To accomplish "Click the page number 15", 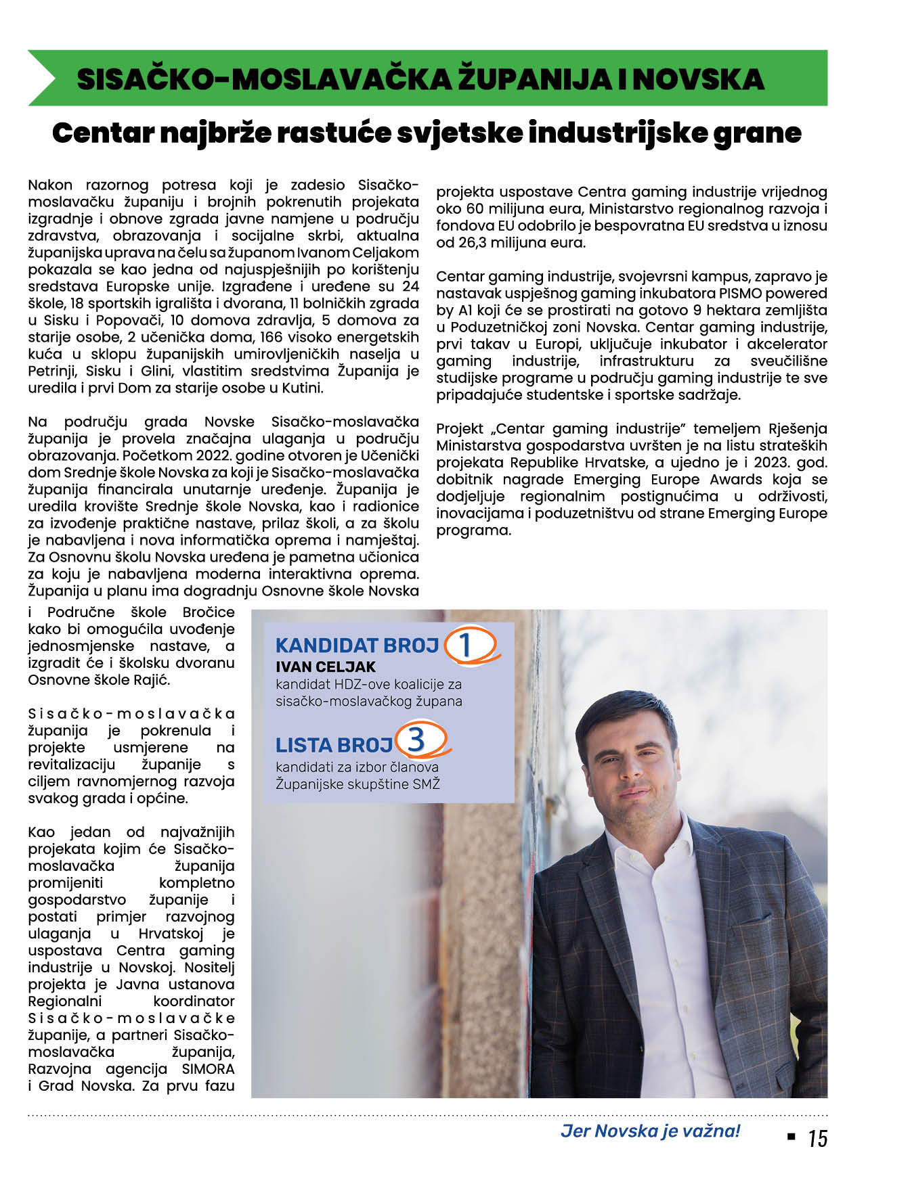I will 817,1138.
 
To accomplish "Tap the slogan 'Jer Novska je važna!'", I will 650,1131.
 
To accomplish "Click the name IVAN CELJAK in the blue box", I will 325,667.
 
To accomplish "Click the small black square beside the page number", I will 791,1137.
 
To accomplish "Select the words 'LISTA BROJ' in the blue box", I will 334,745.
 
